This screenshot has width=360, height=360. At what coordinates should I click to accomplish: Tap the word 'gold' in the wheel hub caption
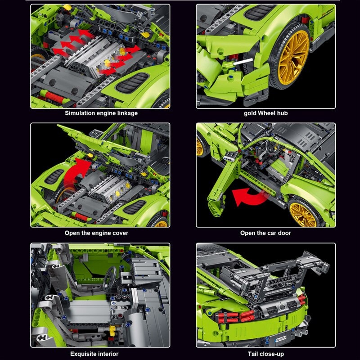[x=251, y=113]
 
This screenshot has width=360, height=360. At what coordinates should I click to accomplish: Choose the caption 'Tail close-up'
[x=265, y=354]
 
